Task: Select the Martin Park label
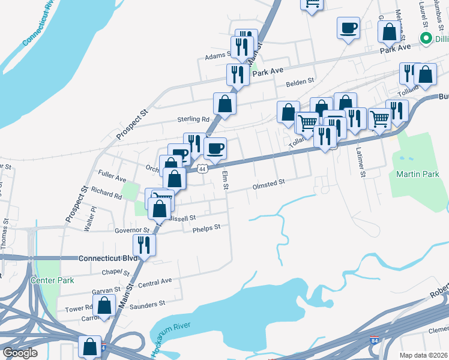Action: tap(414, 174)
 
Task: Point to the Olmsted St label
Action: tap(268, 184)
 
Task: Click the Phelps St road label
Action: tap(206, 228)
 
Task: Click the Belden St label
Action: tap(300, 81)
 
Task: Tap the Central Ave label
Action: tap(155, 281)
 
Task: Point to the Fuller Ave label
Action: tap(112, 178)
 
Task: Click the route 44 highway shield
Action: tap(202, 169)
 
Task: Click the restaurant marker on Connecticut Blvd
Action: tap(144, 245)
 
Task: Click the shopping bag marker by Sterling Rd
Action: tap(224, 103)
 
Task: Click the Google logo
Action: tap(20, 353)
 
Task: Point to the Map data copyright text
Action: tap(423, 355)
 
